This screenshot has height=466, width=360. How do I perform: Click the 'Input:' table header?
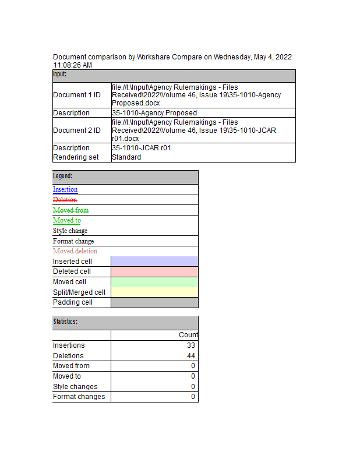pos(60,75)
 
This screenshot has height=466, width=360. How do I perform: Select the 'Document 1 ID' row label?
pos(77,95)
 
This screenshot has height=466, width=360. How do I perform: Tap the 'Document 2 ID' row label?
pos(77,130)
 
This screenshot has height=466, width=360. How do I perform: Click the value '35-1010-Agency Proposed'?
pos(154,113)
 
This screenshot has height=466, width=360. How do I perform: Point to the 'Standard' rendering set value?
pos(126,157)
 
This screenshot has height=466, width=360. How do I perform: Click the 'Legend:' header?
pos(63,176)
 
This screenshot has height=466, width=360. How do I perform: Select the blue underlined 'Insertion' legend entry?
pos(65,189)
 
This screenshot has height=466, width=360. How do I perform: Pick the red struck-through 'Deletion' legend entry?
pos(65,200)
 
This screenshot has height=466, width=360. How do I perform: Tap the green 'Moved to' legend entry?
pos(67,220)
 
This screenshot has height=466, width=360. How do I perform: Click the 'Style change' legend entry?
pos(70,231)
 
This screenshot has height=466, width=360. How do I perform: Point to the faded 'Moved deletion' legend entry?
pos(75,251)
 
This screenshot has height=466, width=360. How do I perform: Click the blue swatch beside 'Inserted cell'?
pos(154,262)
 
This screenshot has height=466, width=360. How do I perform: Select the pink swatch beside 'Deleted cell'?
pos(154,271)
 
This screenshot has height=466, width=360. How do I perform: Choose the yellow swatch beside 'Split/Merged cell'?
pos(154,292)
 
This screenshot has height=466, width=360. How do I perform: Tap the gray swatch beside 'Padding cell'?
pos(154,302)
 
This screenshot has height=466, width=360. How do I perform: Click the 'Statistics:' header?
pos(65,322)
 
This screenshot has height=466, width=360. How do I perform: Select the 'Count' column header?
pos(188,335)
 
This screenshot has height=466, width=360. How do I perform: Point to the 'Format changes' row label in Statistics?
pos(79,397)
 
